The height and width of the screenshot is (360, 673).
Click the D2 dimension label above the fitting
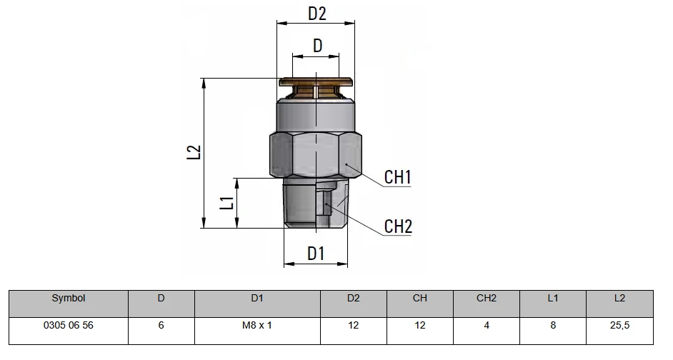pos(317,14)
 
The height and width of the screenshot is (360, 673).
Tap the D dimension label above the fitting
pos(318,45)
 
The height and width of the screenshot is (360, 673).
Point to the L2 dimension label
pos(194,152)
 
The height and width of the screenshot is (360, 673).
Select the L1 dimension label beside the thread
pos(226,203)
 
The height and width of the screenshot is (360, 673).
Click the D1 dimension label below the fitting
pos(316,254)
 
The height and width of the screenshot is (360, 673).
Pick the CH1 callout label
pos(397,177)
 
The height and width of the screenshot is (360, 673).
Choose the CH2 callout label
pos(398,226)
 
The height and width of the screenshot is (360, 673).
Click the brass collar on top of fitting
pos(316,81)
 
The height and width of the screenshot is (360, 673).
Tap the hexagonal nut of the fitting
pos(316,155)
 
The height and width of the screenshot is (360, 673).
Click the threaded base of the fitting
pos(316,203)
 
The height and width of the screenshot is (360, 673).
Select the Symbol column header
pos(69,298)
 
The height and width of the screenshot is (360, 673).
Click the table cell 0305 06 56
pos(69,325)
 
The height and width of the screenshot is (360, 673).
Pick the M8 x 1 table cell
pos(257,325)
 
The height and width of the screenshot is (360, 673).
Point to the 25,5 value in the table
pos(619,325)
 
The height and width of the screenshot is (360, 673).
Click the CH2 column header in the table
pos(487,298)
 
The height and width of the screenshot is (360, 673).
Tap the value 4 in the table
pos(487,325)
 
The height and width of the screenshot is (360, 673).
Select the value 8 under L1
pos(553,325)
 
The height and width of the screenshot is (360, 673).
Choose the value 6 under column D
pos(161,325)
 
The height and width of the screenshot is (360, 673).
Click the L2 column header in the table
pos(619,298)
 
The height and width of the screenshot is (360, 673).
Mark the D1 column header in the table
pos(257,298)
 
